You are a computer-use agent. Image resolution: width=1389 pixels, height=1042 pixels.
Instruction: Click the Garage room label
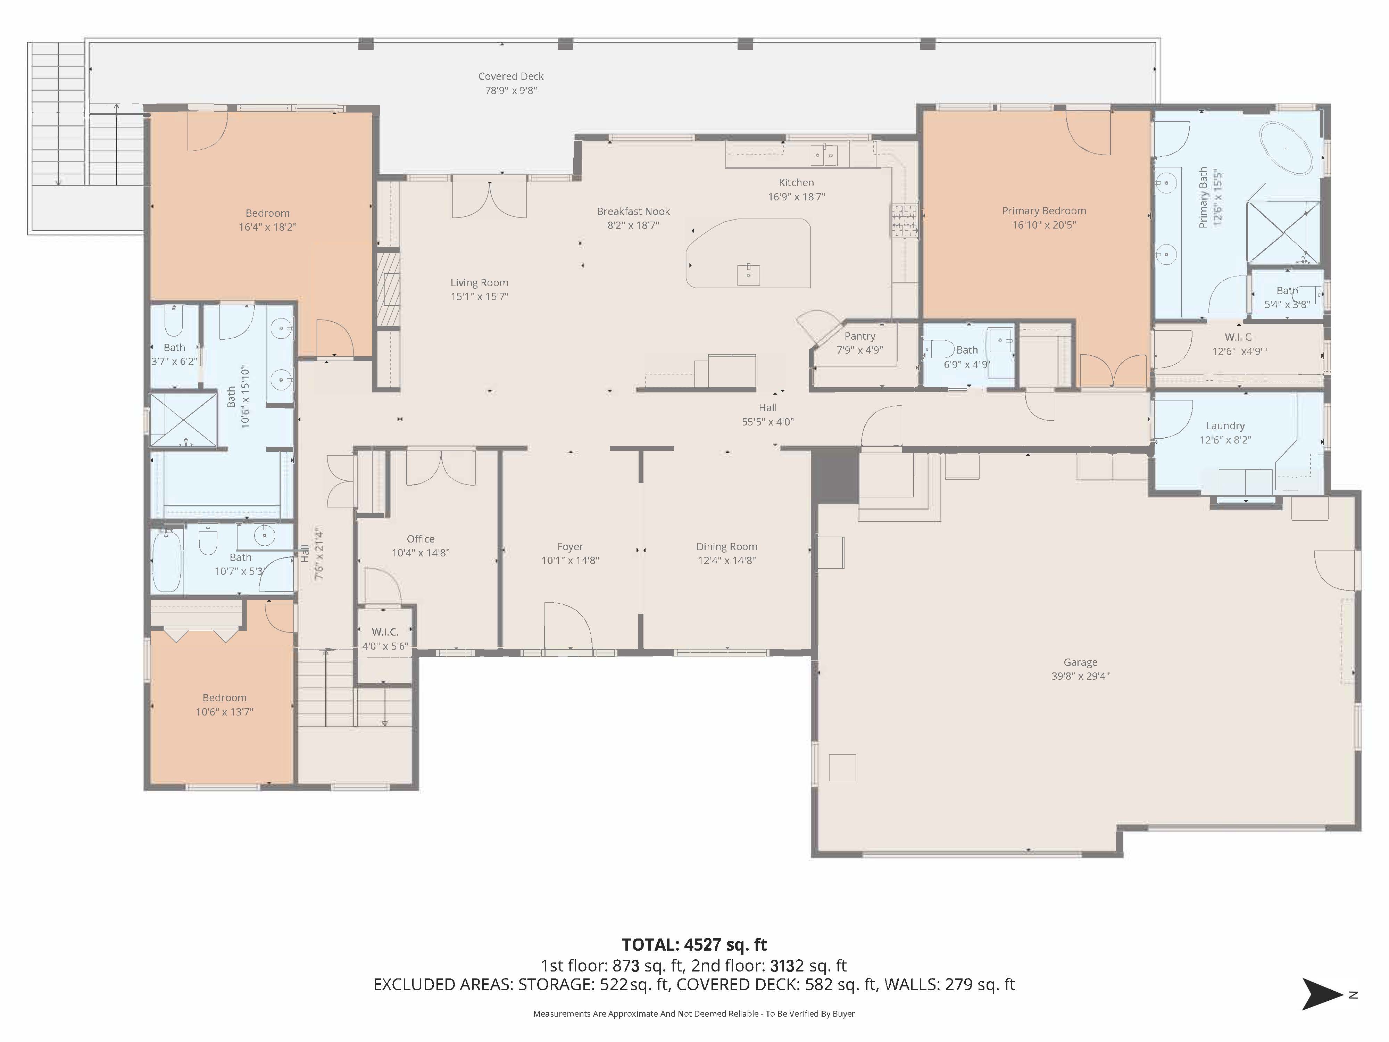click(x=1080, y=662)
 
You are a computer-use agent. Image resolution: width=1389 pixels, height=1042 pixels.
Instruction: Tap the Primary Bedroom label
click(x=1043, y=210)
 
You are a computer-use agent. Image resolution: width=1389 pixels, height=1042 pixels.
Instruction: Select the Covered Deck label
click(x=510, y=76)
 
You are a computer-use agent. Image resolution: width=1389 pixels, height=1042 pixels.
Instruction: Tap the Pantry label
click(x=860, y=336)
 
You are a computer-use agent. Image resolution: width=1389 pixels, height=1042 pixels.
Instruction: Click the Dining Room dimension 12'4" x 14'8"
click(x=726, y=560)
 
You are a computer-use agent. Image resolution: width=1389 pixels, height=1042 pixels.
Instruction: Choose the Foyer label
click(x=570, y=546)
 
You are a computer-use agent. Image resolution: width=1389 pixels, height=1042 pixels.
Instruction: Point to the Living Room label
click(x=479, y=283)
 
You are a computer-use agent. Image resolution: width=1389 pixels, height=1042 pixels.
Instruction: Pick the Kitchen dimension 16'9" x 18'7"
click(x=796, y=197)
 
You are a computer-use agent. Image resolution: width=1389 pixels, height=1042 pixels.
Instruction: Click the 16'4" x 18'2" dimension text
click(x=267, y=227)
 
